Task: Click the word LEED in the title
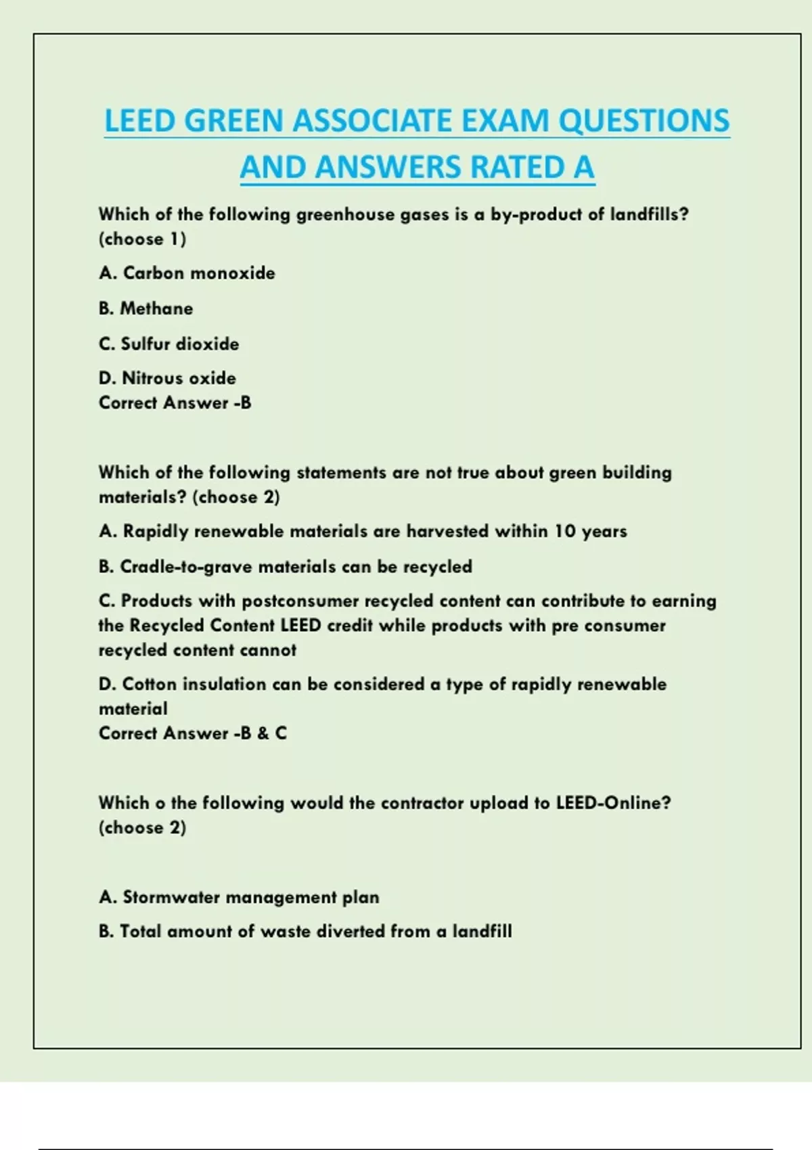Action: click(x=139, y=121)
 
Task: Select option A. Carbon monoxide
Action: click(x=187, y=273)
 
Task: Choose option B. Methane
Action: click(x=145, y=308)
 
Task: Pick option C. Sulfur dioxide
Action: click(x=168, y=344)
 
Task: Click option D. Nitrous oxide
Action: click(x=167, y=378)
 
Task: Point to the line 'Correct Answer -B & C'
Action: click(x=192, y=733)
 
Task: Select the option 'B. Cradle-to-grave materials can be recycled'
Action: click(x=285, y=567)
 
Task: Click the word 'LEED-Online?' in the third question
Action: click(x=613, y=803)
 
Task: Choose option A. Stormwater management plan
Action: click(x=238, y=898)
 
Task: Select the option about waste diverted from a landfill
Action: click(x=304, y=932)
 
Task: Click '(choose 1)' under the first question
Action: click(x=142, y=239)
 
